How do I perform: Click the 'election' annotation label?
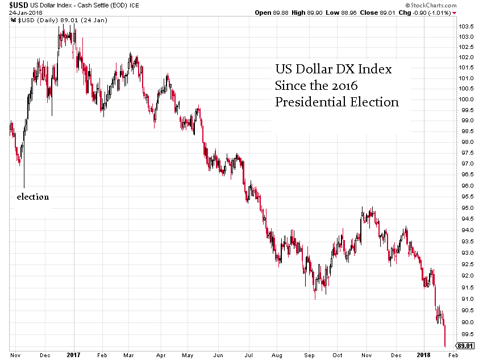(32, 197)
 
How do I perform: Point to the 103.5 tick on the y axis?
(467, 27)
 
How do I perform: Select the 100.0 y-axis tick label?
(467, 99)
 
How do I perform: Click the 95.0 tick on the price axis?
(467, 208)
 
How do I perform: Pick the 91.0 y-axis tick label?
(467, 298)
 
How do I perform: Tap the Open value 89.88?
(278, 12)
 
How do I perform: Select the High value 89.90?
(318, 12)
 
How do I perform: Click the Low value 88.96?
(355, 12)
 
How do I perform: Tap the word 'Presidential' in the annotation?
(310, 102)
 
